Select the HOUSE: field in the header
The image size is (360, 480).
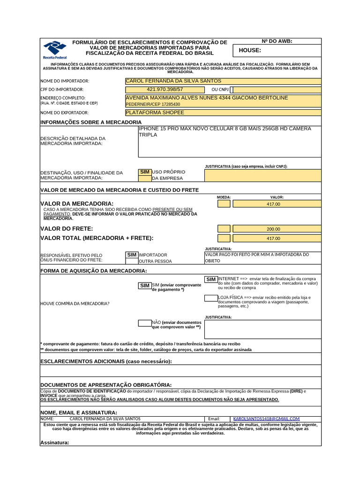[x=277, y=51]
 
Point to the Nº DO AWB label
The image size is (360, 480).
[x=277, y=41]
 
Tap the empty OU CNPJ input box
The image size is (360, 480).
[x=277, y=90]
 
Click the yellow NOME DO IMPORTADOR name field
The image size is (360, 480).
[x=223, y=81]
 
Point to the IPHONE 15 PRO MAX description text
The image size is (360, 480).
[x=225, y=132]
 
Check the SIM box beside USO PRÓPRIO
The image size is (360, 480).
[x=144, y=172]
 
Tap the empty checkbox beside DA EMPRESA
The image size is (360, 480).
[x=144, y=179]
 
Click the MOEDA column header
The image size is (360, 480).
[x=224, y=197]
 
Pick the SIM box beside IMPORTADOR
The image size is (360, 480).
[x=132, y=255]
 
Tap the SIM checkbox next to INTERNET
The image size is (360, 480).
[x=211, y=279]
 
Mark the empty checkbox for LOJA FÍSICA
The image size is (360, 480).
[x=211, y=298]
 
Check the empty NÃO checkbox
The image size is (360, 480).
[x=144, y=323]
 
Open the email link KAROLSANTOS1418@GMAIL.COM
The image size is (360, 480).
[x=266, y=419]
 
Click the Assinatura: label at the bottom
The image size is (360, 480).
[x=55, y=442]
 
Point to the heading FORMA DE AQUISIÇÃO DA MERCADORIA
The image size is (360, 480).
[x=94, y=271]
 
